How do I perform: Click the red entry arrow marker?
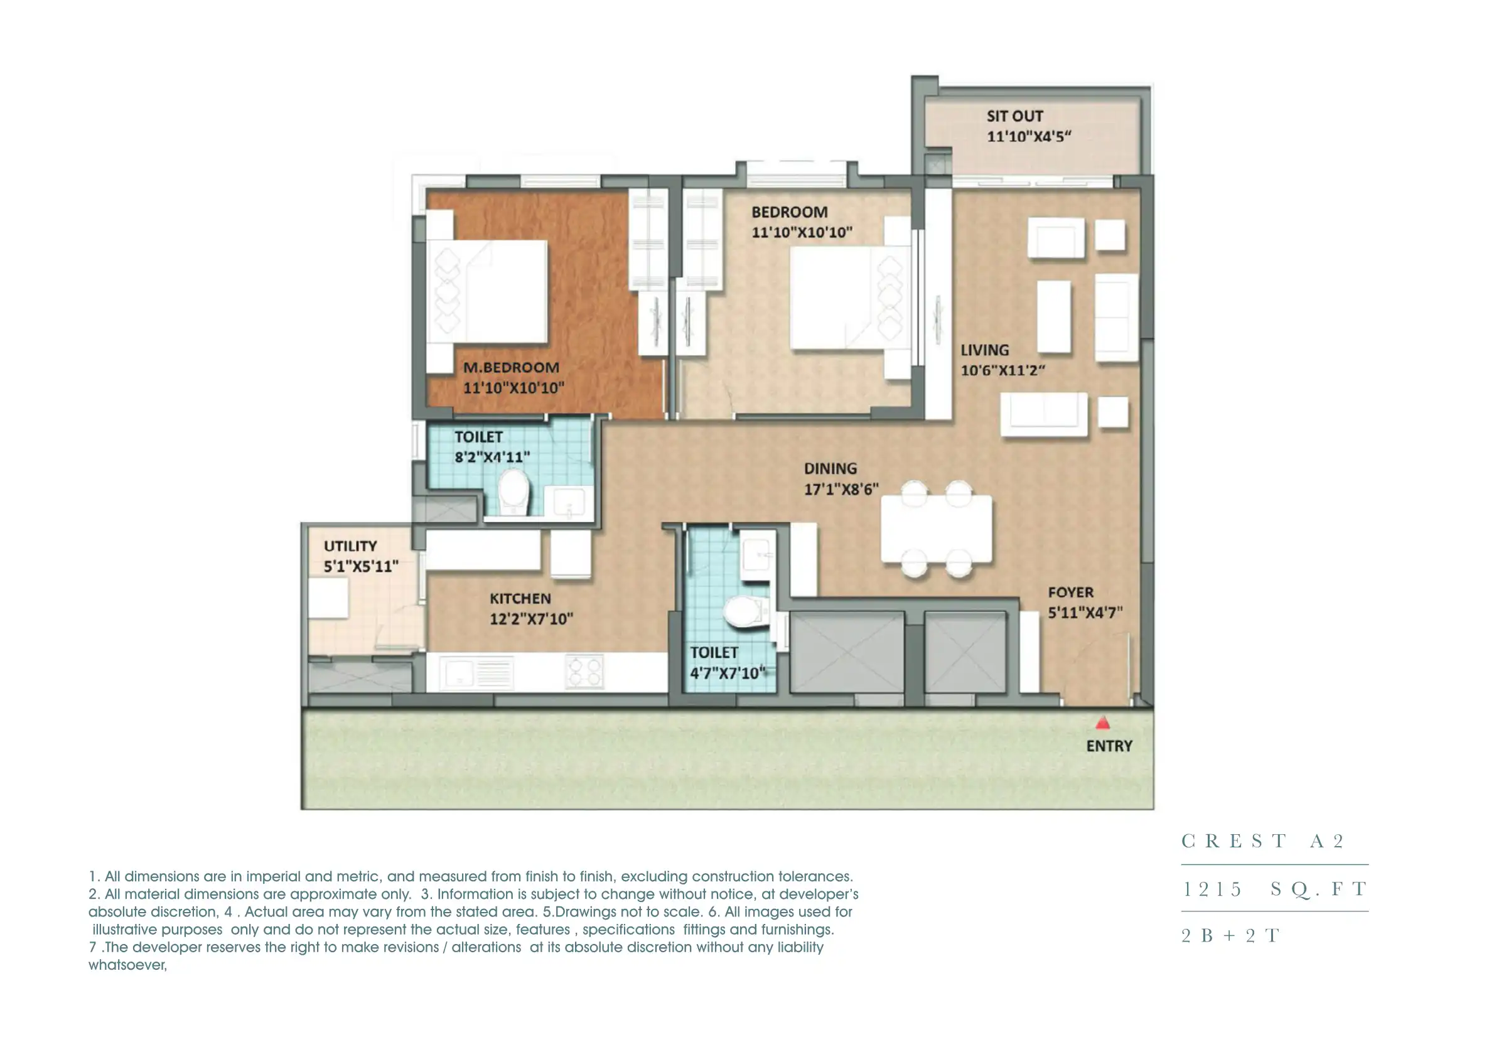pos(1102,723)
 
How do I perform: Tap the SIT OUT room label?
pos(1014,117)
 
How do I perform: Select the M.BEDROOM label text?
pos(511,368)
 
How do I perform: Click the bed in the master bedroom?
pos(488,292)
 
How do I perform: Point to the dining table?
pos(936,528)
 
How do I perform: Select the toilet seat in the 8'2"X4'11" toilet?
pos(513,492)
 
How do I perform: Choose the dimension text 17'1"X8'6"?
pos(841,490)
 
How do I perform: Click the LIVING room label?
pos(984,350)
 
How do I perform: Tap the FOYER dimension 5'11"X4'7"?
pos(1085,613)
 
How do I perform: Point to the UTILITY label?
pos(350,546)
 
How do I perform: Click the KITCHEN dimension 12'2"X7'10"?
pos(531,619)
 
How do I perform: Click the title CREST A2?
pos(1262,841)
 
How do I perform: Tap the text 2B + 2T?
pos(1230,935)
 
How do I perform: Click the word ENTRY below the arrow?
pos(1109,746)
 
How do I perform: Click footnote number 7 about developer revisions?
pos(456,948)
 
